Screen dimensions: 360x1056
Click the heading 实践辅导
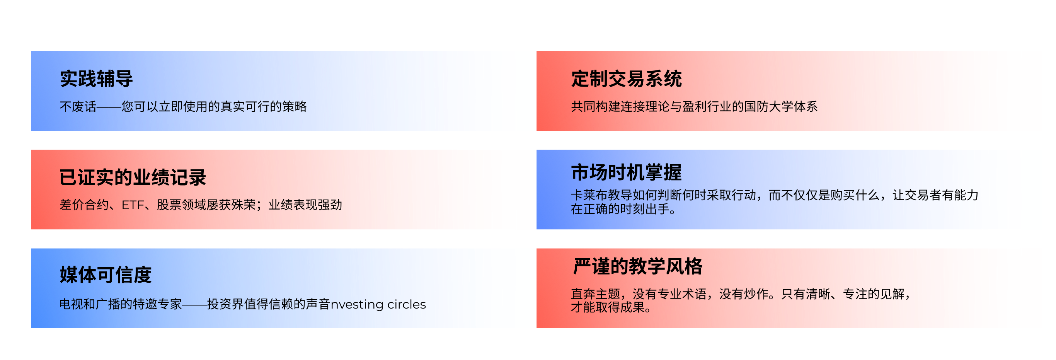(x=96, y=79)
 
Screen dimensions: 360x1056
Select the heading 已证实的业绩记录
(x=133, y=177)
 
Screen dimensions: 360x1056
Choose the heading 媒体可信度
(x=106, y=275)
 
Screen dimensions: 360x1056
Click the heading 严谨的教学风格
(x=637, y=266)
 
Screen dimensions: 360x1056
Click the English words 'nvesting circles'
(x=378, y=304)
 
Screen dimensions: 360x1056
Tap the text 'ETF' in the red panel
(x=133, y=205)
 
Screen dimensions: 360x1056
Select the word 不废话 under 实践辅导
(x=78, y=107)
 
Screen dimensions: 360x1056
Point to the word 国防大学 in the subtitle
(x=769, y=107)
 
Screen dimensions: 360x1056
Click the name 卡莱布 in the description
(x=589, y=195)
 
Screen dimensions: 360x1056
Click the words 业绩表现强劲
(x=305, y=205)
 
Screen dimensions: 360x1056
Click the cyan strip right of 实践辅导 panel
(x=526, y=90)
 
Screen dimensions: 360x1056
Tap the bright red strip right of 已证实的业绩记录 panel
(x=526, y=189)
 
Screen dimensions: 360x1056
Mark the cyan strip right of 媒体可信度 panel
(x=526, y=288)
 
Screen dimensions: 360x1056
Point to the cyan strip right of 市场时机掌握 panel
(x=1031, y=189)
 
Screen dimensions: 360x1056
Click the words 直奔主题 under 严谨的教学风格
(x=595, y=294)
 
